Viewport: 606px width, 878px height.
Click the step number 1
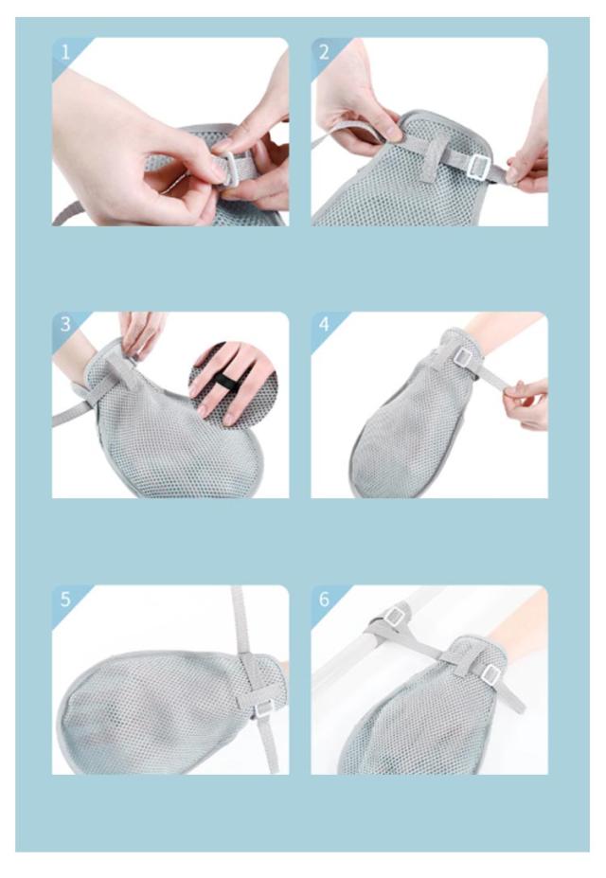click(x=65, y=53)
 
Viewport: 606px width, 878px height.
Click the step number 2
click(x=325, y=53)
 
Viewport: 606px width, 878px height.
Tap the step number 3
click(x=65, y=325)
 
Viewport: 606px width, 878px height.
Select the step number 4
click(x=325, y=325)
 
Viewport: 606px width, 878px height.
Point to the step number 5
click(x=65, y=600)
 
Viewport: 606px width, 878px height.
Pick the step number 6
click(x=325, y=600)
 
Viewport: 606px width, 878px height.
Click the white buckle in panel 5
click(x=263, y=710)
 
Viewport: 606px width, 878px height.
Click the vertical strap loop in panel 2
click(x=432, y=161)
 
